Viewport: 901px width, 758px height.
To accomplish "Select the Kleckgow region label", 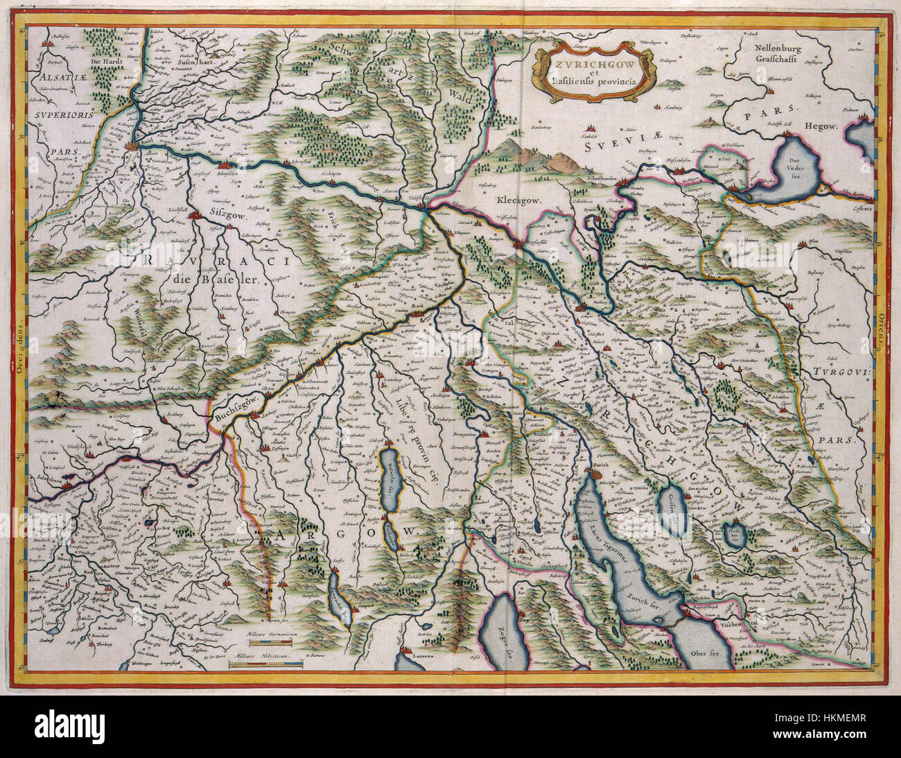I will (516, 202).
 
